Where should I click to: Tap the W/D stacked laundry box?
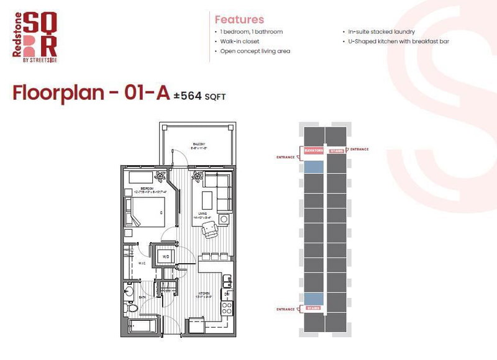(166, 256)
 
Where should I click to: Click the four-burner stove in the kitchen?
(227, 307)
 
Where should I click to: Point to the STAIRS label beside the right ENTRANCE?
(335, 150)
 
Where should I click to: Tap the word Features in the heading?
(239, 19)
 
